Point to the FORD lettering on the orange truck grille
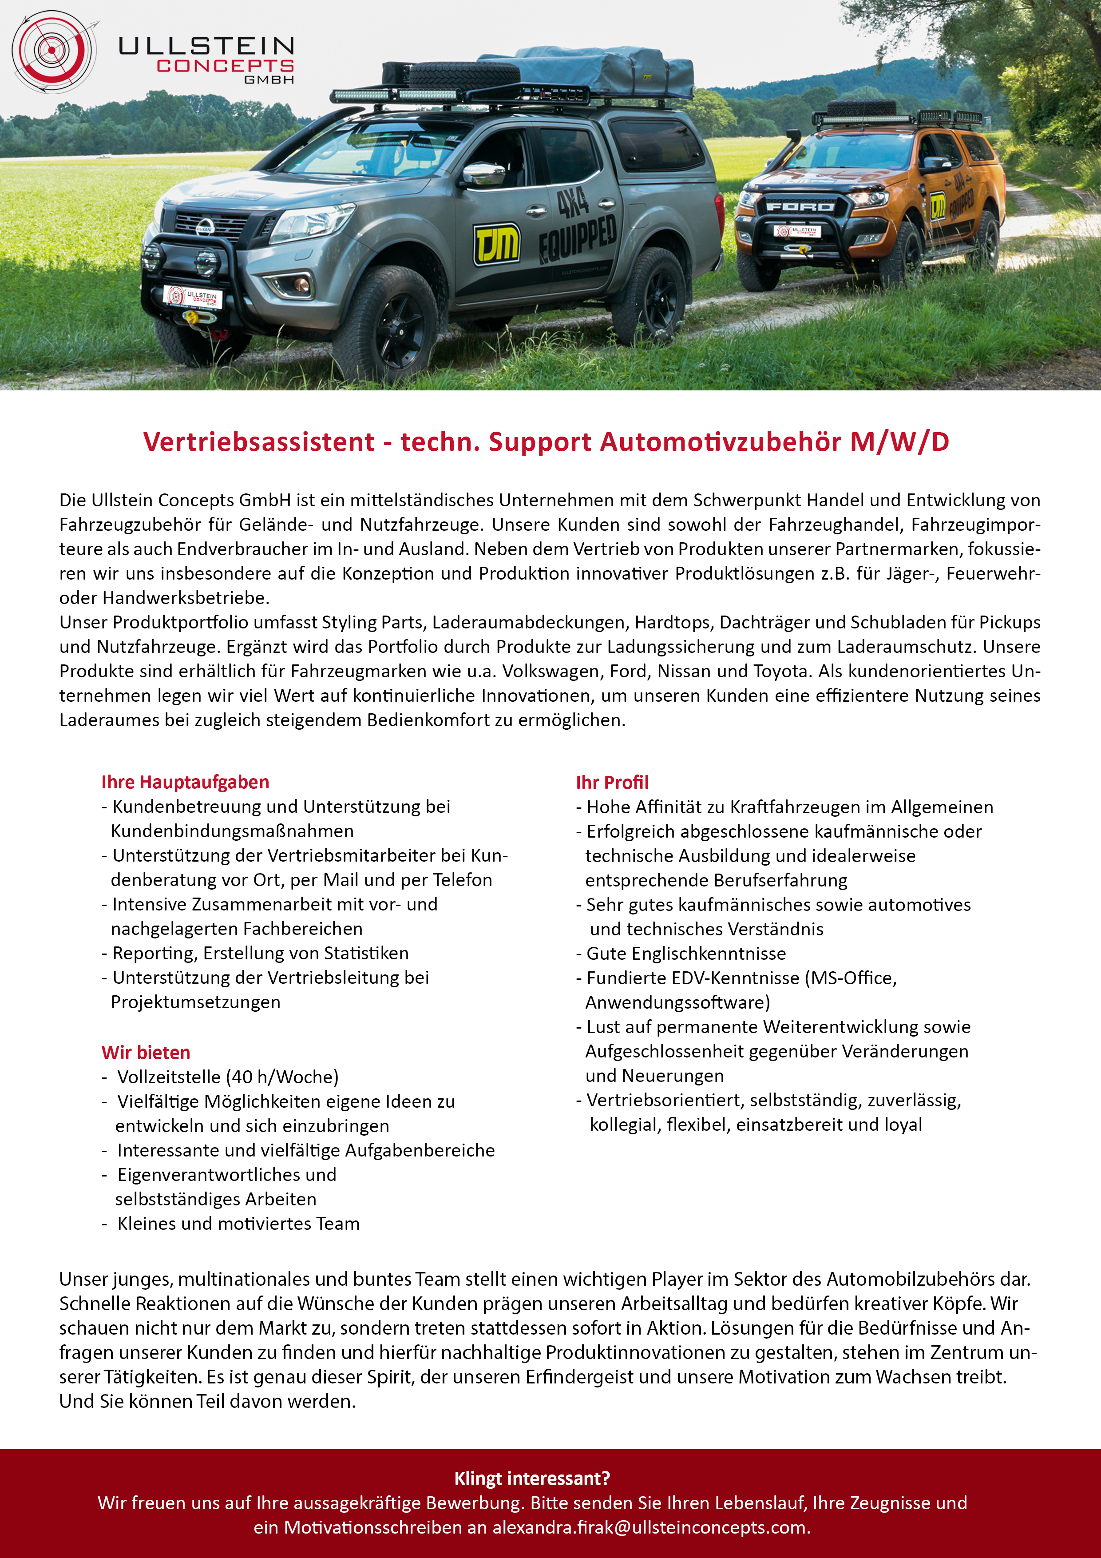[x=800, y=206]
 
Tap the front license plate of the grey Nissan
[x=193, y=297]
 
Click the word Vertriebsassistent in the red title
[x=258, y=442]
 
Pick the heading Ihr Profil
[x=612, y=783]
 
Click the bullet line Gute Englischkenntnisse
[x=686, y=954]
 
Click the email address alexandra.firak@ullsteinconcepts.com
[x=650, y=1527]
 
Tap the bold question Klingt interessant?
[x=532, y=1478]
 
